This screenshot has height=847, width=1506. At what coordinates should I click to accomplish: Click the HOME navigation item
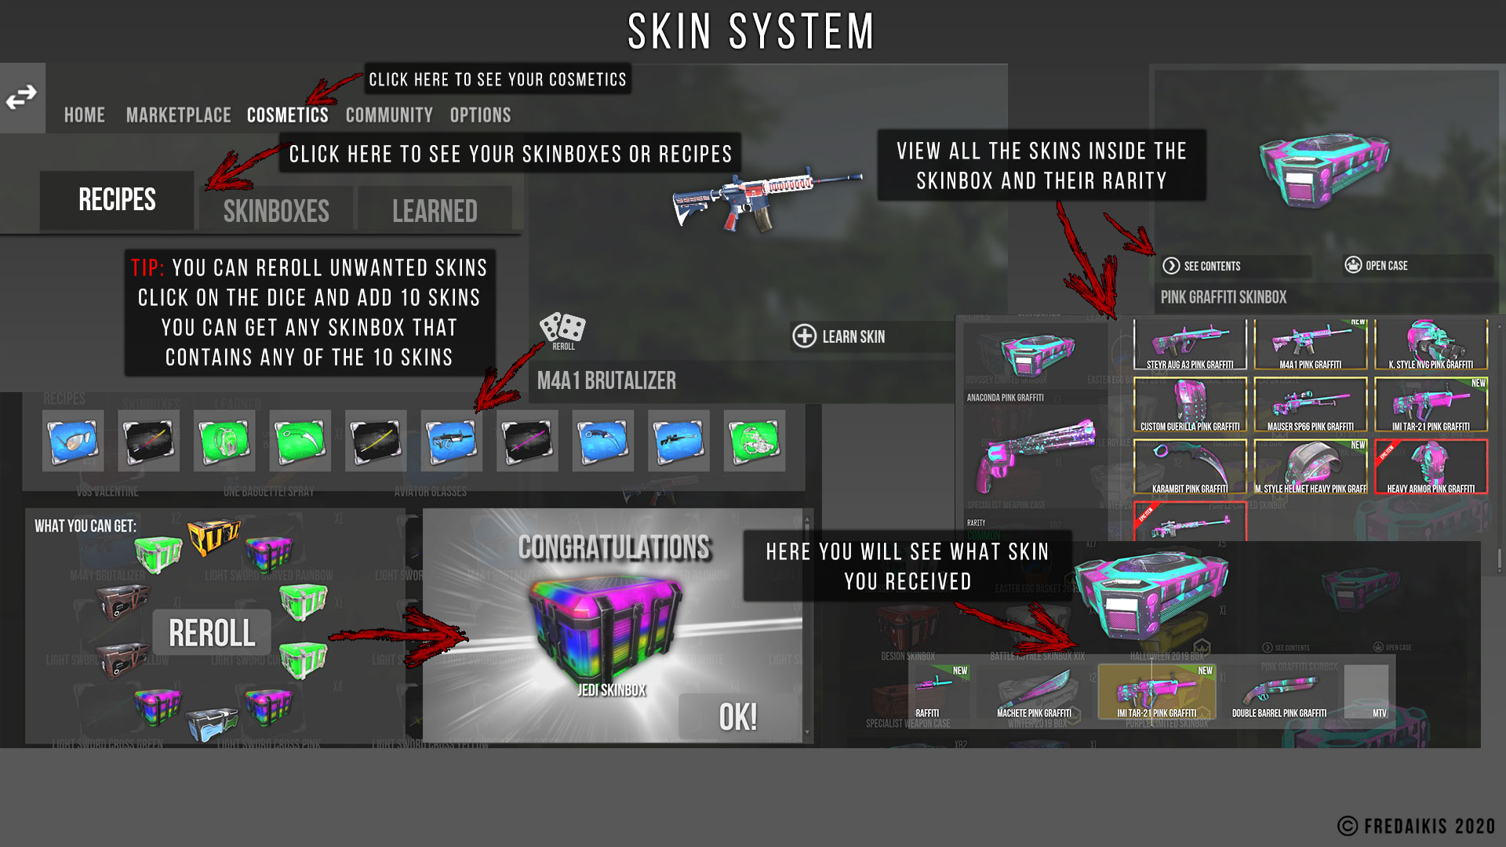84,115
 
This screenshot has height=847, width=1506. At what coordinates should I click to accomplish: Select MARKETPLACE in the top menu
178,115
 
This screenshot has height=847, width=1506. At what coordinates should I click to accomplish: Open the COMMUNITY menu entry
389,115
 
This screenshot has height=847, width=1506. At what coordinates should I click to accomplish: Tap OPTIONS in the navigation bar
480,115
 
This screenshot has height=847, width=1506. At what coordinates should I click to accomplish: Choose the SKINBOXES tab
276,210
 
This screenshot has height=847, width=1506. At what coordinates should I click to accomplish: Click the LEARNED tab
435,210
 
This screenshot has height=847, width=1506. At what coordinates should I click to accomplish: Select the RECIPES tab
117,200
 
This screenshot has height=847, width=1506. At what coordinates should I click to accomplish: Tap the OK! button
738,717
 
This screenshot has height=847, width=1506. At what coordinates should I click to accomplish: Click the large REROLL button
212,633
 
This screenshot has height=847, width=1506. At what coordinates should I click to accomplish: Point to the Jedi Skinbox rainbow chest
605,627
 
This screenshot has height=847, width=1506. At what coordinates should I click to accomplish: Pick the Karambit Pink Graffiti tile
1190,467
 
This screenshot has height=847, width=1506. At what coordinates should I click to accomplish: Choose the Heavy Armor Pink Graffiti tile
1431,467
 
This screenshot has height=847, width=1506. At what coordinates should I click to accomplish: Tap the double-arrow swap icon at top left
22,98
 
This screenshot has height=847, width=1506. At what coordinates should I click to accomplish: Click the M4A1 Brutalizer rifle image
765,196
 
